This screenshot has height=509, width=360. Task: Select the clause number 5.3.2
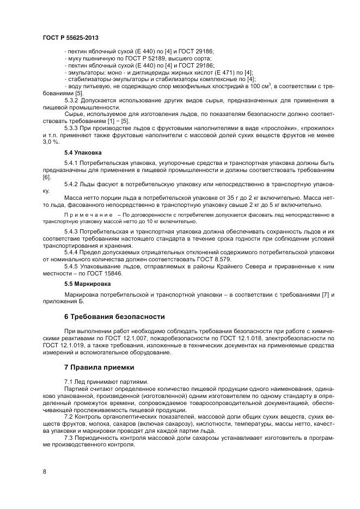point(73,101)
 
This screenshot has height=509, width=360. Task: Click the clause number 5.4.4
point(73,253)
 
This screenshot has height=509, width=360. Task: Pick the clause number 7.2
point(69,416)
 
